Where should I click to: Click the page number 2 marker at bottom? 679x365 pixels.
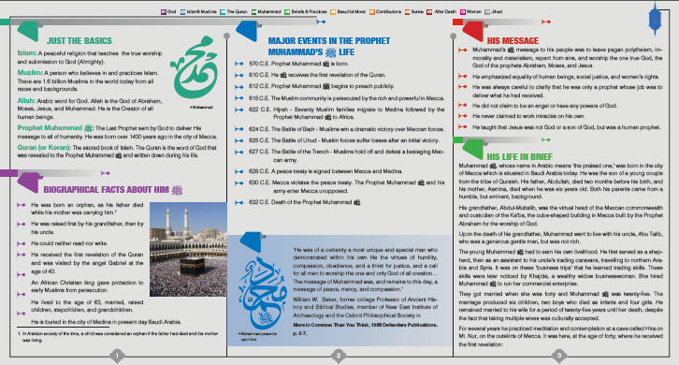[339, 355]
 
